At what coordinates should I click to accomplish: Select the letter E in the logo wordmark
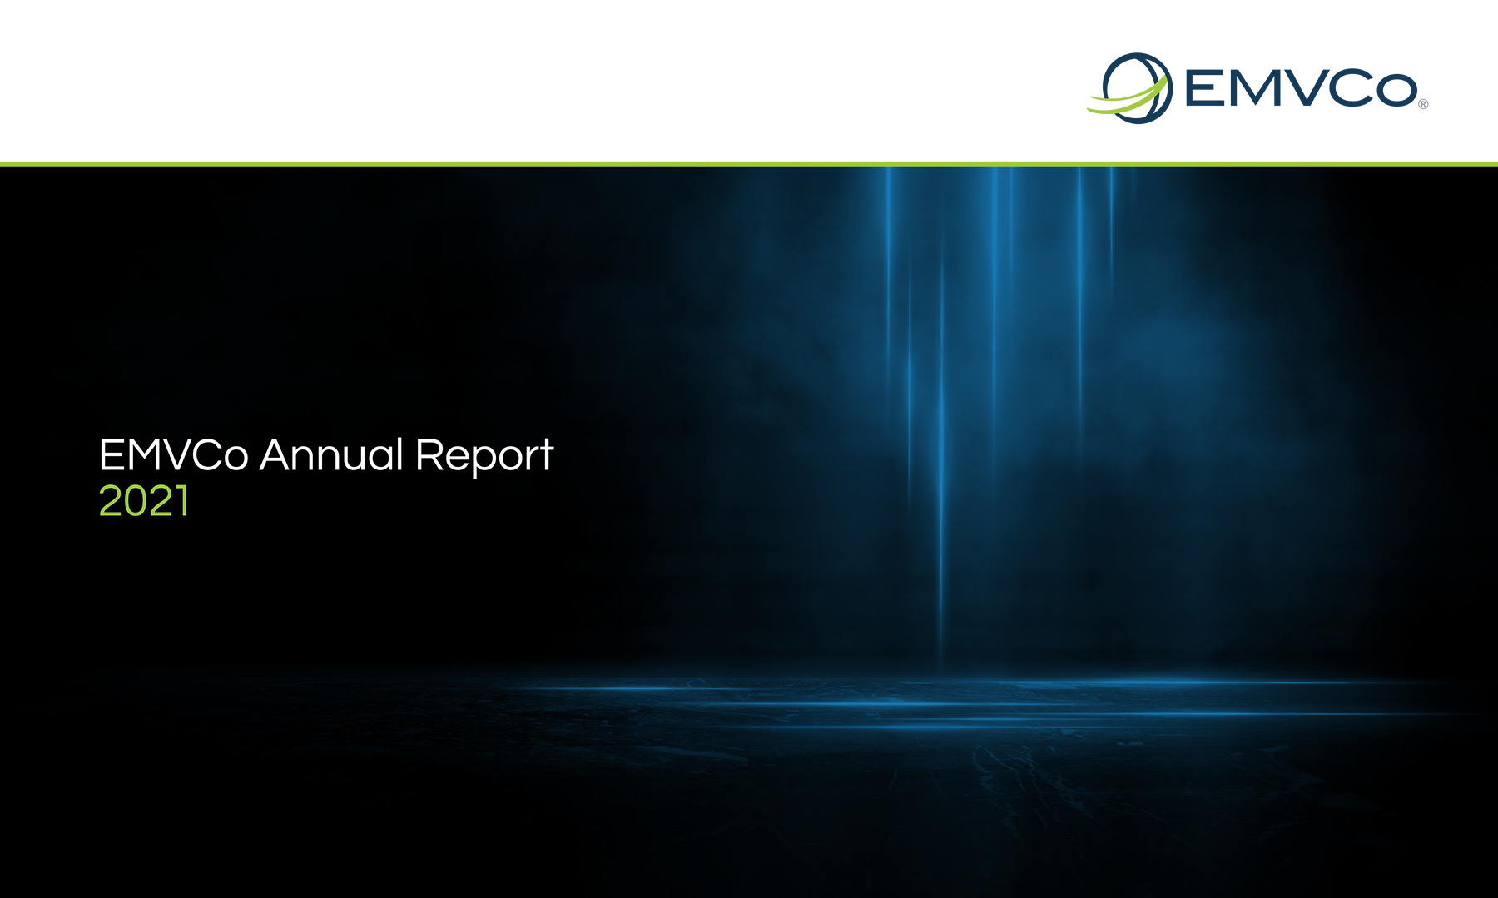[x=1202, y=88]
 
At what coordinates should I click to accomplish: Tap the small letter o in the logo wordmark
[x=1398, y=91]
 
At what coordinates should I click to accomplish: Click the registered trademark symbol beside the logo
[x=1423, y=104]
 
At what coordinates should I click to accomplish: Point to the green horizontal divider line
[x=749, y=164]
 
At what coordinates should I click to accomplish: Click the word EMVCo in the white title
[x=173, y=456]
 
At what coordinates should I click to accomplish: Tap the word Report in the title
[x=484, y=458]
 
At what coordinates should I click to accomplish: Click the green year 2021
[x=144, y=501]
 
